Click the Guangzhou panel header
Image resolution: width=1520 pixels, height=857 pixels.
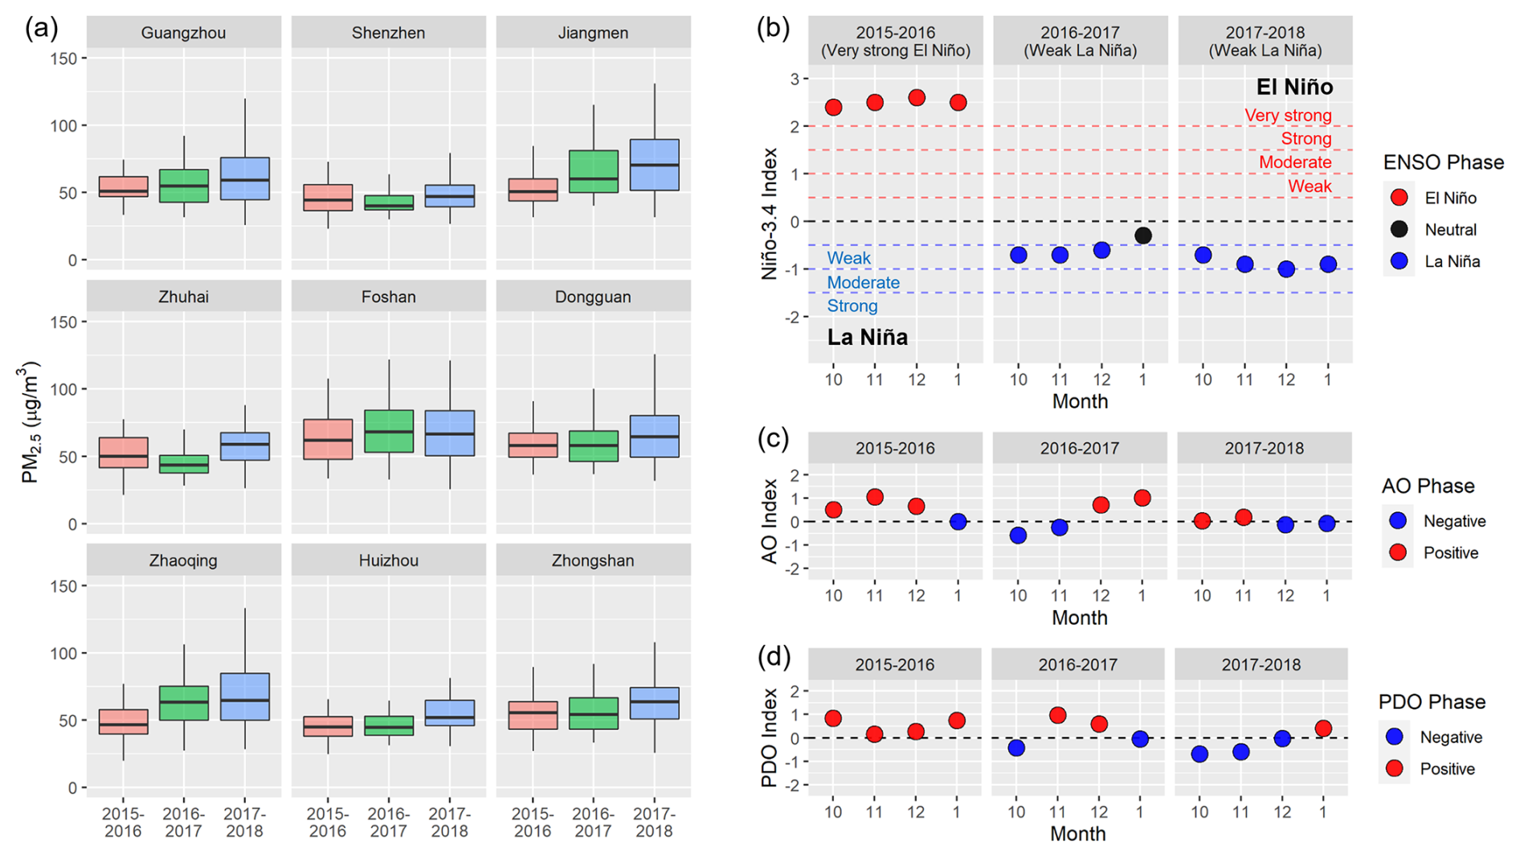click(183, 33)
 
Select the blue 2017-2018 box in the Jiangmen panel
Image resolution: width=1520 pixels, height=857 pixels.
click(654, 165)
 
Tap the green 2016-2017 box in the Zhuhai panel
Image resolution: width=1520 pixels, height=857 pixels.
click(184, 464)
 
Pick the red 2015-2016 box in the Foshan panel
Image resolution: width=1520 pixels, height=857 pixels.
click(328, 439)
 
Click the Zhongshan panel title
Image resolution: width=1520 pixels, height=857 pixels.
click(593, 560)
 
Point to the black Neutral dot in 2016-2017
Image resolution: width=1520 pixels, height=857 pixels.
click(1143, 236)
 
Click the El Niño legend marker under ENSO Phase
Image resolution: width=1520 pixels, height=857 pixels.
click(1399, 198)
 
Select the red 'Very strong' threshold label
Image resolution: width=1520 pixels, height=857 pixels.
click(1288, 115)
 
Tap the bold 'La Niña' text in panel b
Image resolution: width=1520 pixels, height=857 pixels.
click(868, 337)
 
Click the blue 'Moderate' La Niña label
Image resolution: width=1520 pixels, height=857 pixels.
click(863, 282)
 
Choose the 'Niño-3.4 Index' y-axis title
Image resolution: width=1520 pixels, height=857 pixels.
click(770, 213)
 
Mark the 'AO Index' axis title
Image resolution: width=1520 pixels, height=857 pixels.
click(770, 521)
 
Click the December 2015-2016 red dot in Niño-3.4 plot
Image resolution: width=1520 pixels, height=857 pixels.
click(917, 98)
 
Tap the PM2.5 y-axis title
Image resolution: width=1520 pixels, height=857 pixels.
click(31, 422)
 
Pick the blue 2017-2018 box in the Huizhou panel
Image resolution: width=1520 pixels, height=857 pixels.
click(450, 713)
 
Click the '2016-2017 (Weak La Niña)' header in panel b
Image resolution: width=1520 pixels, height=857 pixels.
click(1080, 41)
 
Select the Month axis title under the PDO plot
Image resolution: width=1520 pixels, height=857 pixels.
click(1077, 834)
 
